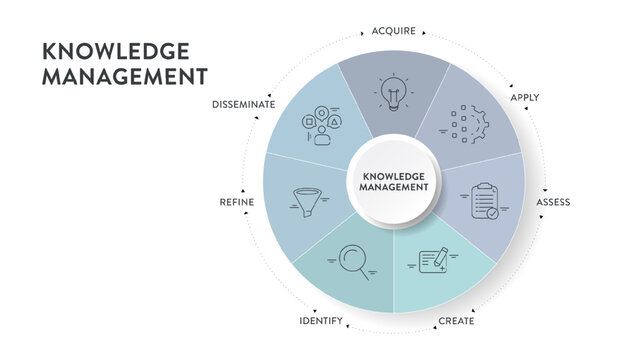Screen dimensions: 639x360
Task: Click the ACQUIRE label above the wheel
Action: coord(393,31)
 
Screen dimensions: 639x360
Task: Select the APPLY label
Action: coord(525,98)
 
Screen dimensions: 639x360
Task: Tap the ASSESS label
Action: coord(553,202)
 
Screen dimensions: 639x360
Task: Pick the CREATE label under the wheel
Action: coord(457,321)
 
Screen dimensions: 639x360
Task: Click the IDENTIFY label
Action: coord(322,321)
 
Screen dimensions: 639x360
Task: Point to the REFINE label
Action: coord(237,202)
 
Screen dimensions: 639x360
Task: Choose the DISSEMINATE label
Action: coord(244,104)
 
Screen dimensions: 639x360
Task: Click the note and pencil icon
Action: coord(431,262)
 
